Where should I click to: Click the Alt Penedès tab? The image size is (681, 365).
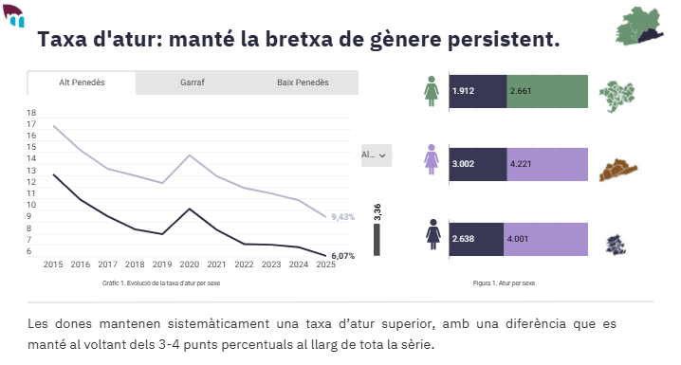coord(82,82)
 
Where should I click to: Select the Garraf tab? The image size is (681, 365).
coord(192,82)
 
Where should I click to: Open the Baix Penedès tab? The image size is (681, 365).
coord(303,82)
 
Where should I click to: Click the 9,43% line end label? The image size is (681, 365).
coord(342,217)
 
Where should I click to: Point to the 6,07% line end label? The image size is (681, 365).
coord(343,256)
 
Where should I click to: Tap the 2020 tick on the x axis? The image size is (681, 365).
coord(190,265)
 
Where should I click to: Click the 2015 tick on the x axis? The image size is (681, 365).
coord(53,265)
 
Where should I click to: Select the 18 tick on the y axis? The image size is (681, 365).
coord(31,112)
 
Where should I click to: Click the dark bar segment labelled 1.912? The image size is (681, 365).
coord(477,91)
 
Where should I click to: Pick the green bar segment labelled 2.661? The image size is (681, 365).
coord(547,91)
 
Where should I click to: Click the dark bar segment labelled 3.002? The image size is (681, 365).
coord(477,163)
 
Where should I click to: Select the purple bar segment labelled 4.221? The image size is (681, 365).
coord(547,163)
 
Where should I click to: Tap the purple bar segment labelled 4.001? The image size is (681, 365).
coord(547,239)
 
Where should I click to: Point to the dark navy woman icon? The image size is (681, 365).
coord(433,234)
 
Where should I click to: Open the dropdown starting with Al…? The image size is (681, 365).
coord(376,155)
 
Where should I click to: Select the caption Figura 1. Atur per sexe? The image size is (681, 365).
coord(504,283)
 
